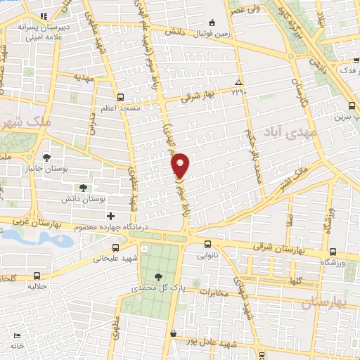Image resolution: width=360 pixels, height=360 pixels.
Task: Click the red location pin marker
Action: (181, 165)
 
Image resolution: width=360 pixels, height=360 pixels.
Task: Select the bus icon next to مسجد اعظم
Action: (121, 97)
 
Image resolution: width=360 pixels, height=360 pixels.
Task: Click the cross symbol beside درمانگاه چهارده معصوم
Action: (110, 215)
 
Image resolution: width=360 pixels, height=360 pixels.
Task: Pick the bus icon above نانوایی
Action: (207, 244)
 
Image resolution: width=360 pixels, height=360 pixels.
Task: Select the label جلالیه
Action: (37, 287)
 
